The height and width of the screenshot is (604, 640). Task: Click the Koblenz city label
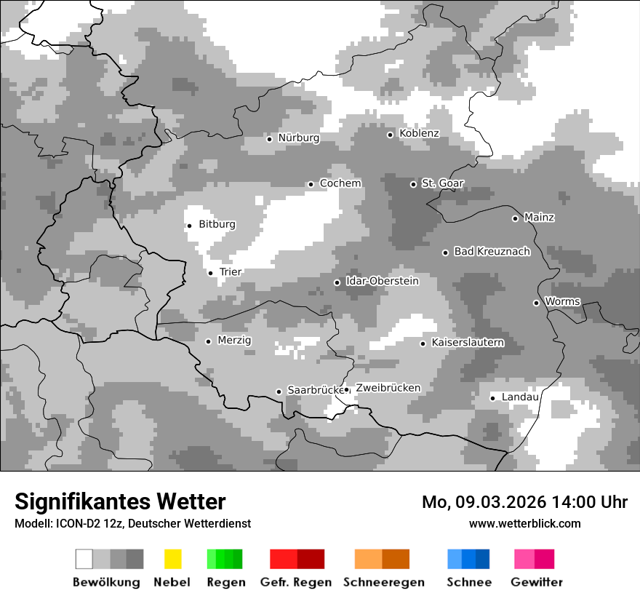[419, 134]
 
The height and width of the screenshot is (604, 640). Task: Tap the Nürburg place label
[298, 138]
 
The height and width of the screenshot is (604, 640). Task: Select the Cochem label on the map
[340, 183]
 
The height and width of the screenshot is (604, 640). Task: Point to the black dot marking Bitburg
[189, 226]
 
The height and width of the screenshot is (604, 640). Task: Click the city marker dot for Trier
[210, 273]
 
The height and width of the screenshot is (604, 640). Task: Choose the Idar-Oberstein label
[382, 282]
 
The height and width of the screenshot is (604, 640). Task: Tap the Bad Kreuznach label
[492, 252]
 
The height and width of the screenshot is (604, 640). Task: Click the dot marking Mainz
[515, 218]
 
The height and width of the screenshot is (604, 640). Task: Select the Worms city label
[562, 302]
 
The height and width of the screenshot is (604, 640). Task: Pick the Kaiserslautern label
[468, 343]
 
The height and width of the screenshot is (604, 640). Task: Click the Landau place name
[520, 397]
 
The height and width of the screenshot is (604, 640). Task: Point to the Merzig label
[234, 341]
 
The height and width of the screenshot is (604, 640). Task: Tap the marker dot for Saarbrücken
[279, 392]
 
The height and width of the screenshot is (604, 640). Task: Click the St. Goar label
[442, 183]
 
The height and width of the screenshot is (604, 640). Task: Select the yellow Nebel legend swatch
[172, 559]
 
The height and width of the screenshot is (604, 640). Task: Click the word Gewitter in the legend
[536, 582]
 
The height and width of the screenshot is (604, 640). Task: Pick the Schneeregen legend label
[384, 582]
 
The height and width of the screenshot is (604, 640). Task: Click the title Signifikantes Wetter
[120, 502]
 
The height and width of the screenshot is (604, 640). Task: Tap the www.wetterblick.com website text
[524, 524]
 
